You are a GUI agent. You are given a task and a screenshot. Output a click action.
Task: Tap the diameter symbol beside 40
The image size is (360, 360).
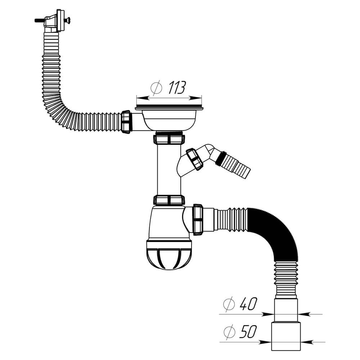[229, 305]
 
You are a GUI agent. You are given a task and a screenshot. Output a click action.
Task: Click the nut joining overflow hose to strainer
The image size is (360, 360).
[126, 122]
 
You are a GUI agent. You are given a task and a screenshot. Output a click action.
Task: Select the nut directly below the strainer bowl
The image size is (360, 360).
[169, 139]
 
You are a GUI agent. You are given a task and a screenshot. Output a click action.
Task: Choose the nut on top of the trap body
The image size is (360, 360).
[169, 200]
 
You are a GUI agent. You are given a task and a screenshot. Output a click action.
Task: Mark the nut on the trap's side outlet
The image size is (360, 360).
[198, 220]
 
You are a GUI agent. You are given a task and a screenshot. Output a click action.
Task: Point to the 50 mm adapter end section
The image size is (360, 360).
[286, 336]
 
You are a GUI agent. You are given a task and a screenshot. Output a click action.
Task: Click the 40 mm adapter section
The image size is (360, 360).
[286, 310]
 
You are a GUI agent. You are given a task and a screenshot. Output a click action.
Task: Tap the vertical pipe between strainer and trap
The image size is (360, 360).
[168, 169]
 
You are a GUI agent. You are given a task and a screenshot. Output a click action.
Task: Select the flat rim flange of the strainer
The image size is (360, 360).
[169, 108]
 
